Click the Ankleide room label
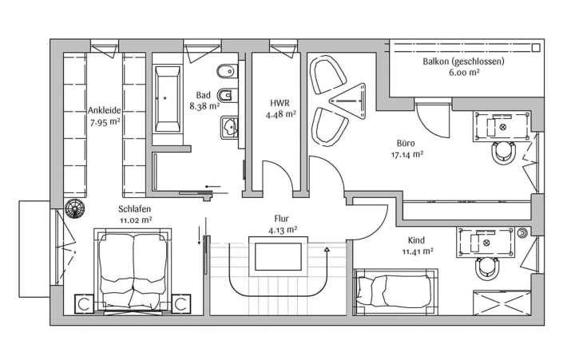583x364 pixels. (105, 110)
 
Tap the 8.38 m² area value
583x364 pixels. (204, 106)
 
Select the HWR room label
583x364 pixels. (280, 103)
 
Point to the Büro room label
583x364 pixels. (406, 143)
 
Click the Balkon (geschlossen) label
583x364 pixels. (464, 61)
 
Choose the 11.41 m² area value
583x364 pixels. (418, 251)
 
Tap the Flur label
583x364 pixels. (281, 219)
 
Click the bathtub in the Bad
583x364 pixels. (168, 99)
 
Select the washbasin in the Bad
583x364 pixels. (229, 128)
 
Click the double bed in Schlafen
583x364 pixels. (133, 271)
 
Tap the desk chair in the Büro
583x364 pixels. (503, 152)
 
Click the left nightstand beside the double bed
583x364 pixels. (84, 304)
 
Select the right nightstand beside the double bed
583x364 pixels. (181, 304)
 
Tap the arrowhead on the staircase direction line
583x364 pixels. (327, 250)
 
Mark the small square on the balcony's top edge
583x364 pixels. (536, 48)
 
